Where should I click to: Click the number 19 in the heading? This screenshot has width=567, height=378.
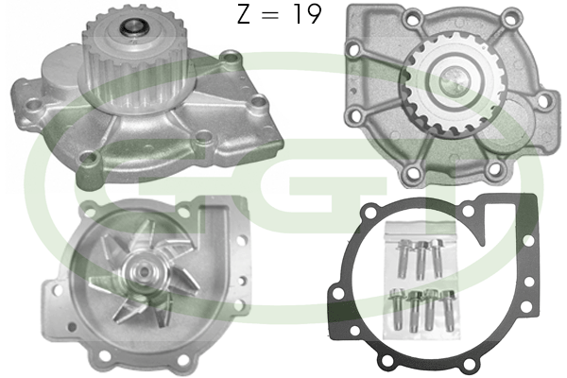pyautogui.click(x=307, y=15)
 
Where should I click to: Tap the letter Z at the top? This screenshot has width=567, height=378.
pyautogui.click(x=244, y=15)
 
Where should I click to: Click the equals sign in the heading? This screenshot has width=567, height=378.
pyautogui.click(x=270, y=16)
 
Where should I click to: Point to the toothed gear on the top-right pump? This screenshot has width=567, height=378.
pyautogui.click(x=452, y=86)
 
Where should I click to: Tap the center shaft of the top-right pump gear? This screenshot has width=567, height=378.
pyautogui.click(x=453, y=80)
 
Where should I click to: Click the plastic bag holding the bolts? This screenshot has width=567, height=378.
pyautogui.click(x=421, y=281)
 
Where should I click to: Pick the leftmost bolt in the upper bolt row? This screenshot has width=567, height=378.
pyautogui.click(x=403, y=258)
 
